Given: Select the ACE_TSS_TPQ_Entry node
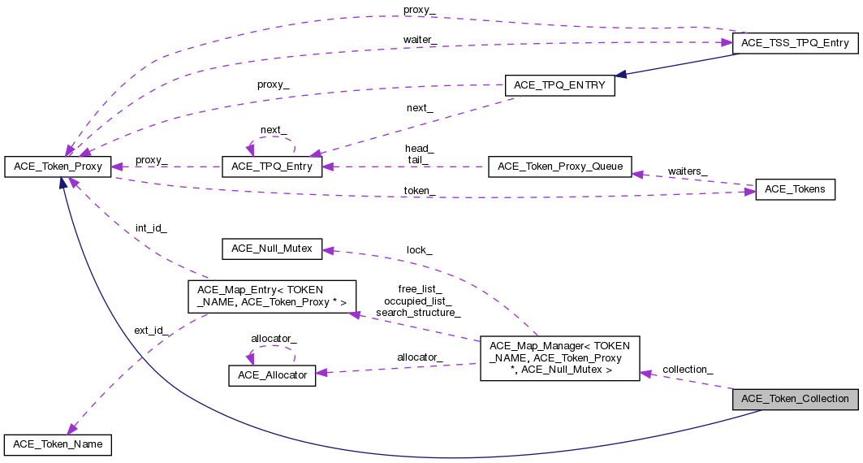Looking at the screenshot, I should pos(795,44).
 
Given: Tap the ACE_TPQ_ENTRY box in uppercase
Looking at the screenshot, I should pos(559,85).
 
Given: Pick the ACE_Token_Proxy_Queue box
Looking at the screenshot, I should pos(559,167).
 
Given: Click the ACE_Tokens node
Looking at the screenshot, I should pos(795,189).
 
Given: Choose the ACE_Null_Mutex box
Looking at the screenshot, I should pos(272,248).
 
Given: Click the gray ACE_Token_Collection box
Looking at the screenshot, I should pos(795,399).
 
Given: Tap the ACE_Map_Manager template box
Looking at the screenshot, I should pos(559,358).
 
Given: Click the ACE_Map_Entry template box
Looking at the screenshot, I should pos(272,296).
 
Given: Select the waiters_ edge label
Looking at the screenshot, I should pos(687,171).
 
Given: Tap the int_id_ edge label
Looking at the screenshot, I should pos(150,229).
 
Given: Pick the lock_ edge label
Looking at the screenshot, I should pos(419,250).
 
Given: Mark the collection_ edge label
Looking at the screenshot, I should pos(688,369).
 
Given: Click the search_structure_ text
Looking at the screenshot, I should pos(418,313).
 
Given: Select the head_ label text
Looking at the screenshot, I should pos(419,149).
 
